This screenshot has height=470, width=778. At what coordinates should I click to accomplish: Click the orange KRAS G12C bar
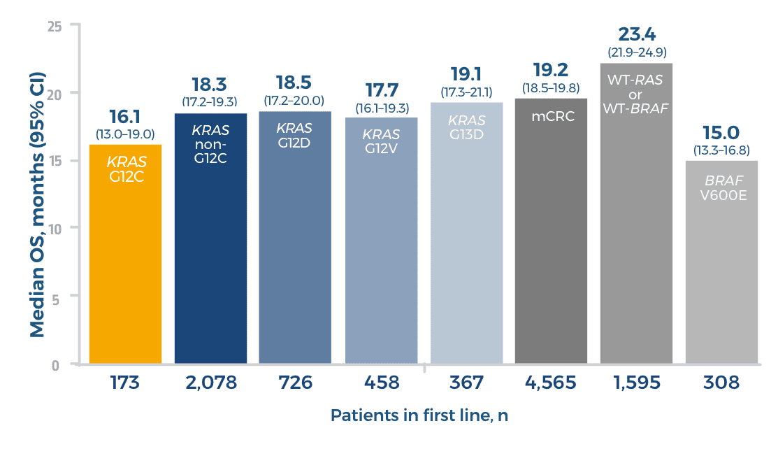tap(125, 259)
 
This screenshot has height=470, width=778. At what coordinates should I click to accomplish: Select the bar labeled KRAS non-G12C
tap(210, 245)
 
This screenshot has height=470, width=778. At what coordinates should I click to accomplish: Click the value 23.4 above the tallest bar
tap(635, 34)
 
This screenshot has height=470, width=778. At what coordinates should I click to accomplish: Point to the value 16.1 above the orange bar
tap(126, 117)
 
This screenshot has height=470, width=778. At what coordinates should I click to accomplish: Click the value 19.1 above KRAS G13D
tap(466, 75)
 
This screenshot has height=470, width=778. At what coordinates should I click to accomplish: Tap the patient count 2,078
tap(211, 383)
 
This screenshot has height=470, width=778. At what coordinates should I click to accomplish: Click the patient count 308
tap(722, 383)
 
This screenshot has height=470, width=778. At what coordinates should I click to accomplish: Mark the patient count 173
tap(125, 383)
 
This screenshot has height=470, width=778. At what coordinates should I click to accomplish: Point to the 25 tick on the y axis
tap(55, 26)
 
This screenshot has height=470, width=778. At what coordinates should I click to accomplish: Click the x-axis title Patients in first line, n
tap(419, 415)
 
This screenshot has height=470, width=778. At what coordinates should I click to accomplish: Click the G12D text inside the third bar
tap(295, 141)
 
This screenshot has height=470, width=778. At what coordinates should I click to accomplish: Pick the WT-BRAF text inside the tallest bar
tap(635, 108)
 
